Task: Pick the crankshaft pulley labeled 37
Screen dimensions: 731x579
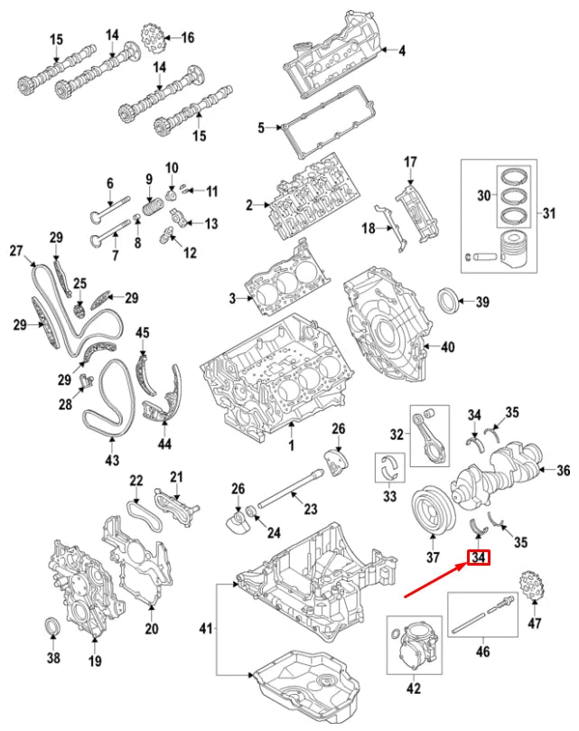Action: (431, 514)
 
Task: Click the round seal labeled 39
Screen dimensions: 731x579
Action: (448, 302)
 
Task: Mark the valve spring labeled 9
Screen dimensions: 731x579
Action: (151, 206)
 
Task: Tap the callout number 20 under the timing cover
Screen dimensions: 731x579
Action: (151, 629)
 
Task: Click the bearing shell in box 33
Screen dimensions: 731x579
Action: (391, 467)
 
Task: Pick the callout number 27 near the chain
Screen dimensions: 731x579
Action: (15, 250)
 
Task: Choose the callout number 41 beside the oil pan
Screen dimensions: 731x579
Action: (206, 628)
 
